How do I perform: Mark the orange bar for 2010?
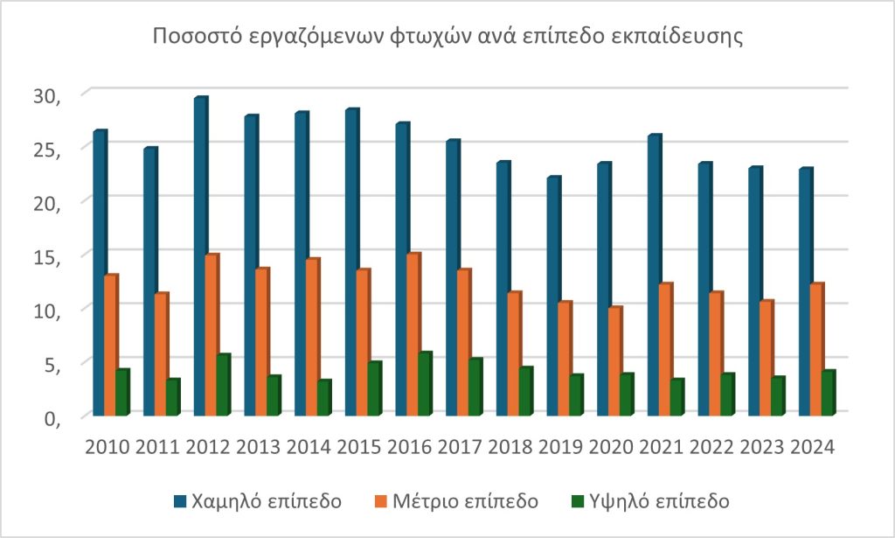pos(110,345)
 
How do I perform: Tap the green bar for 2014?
pos(325,397)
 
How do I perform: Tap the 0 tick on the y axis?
pos(48,418)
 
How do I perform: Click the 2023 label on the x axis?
pos(761,447)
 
